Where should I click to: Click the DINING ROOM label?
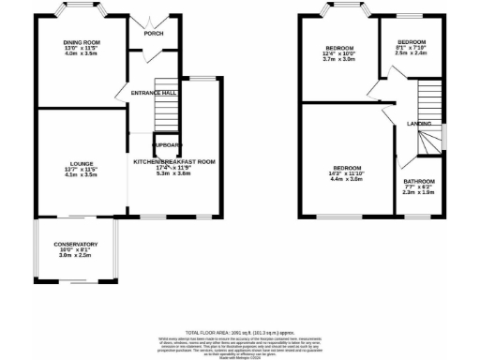click(x=82, y=42)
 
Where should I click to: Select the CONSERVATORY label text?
click(x=76, y=245)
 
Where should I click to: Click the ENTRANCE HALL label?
click(x=156, y=94)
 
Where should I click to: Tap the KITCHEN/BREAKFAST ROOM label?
click(x=174, y=162)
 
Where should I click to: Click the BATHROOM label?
click(x=419, y=181)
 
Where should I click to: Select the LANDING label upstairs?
click(x=419, y=123)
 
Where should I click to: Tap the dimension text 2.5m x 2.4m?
click(x=412, y=53)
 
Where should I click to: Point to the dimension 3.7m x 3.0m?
click(x=339, y=59)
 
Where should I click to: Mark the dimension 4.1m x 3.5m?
click(x=82, y=174)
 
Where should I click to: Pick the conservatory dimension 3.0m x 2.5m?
click(x=76, y=256)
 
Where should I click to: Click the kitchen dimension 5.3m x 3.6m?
click(x=174, y=173)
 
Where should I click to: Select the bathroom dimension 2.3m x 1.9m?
click(x=419, y=192)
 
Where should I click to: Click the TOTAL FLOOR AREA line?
click(x=240, y=332)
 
